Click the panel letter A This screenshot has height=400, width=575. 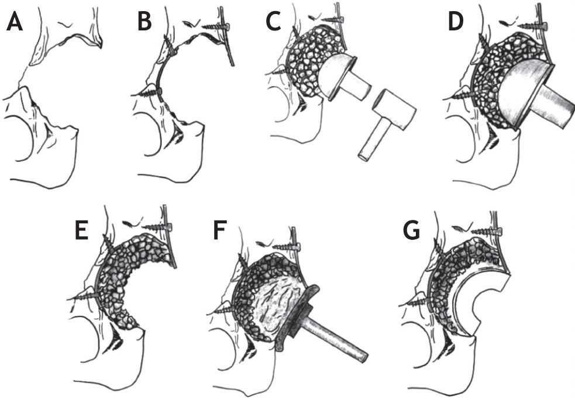point(14,23)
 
